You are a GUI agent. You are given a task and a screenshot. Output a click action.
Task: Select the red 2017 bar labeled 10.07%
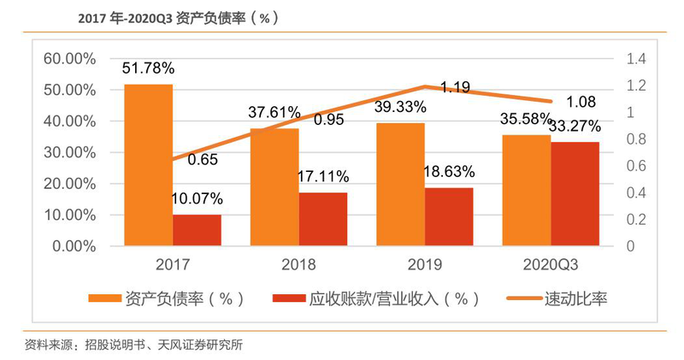(x=197, y=230)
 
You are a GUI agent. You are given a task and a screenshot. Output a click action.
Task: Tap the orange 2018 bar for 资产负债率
(x=274, y=187)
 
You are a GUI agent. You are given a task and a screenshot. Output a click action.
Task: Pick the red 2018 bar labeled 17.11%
(x=323, y=219)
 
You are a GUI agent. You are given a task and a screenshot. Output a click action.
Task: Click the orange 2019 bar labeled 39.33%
(x=400, y=185)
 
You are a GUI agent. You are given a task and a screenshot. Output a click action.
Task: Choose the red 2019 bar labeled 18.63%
(x=449, y=216)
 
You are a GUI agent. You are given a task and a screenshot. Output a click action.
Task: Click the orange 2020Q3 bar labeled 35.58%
(x=526, y=191)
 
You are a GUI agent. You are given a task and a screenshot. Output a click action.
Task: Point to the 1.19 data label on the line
(x=455, y=86)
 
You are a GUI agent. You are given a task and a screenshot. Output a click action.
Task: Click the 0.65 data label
(x=202, y=159)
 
